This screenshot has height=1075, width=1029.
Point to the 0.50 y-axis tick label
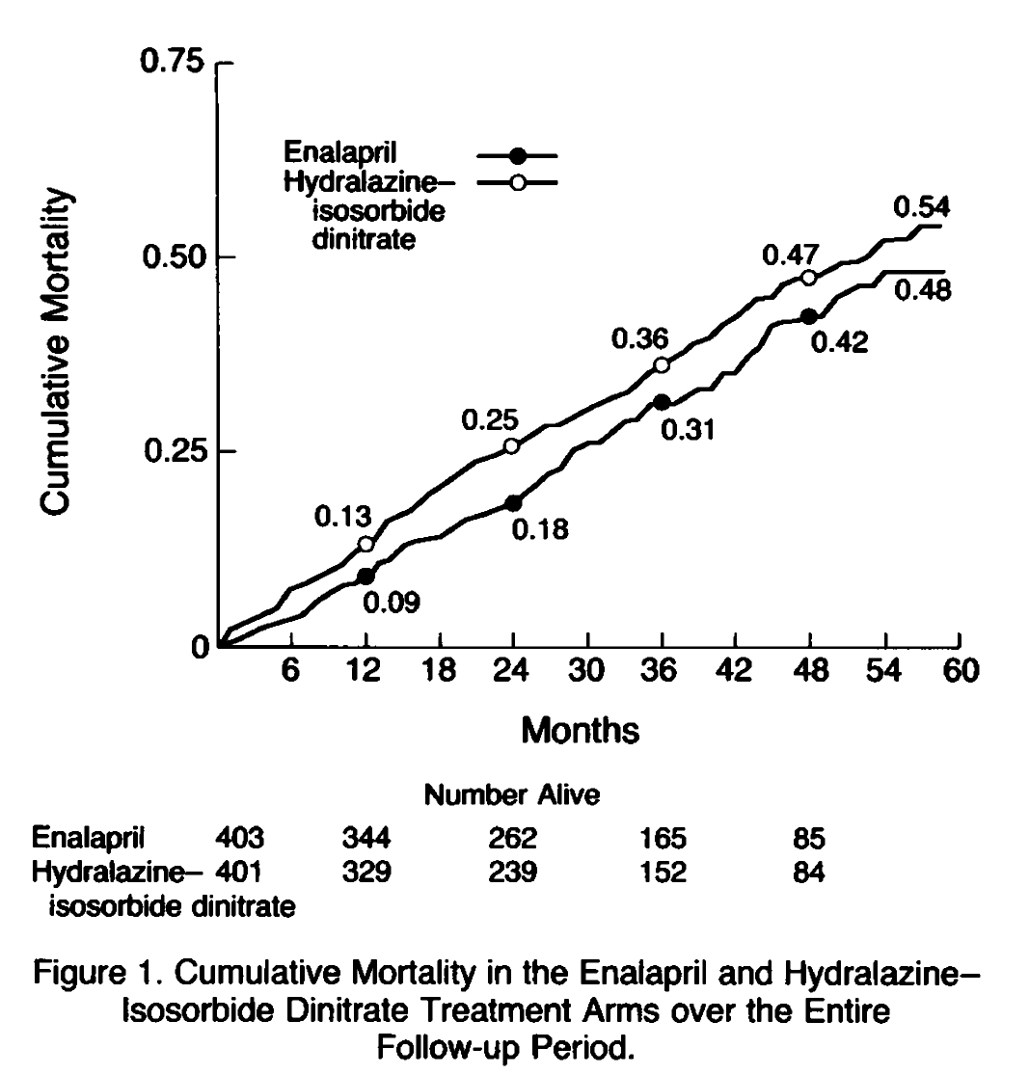(x=174, y=258)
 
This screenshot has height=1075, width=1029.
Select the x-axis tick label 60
(x=960, y=671)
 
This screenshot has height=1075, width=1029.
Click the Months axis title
(x=580, y=731)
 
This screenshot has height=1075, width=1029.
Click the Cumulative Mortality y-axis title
(x=57, y=351)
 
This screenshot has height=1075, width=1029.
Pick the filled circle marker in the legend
(x=518, y=155)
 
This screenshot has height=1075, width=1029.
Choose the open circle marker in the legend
(x=518, y=181)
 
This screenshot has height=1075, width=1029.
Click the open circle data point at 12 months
(x=366, y=544)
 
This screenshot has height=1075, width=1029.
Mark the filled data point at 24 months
(x=513, y=502)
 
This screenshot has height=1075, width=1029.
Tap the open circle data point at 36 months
(x=662, y=364)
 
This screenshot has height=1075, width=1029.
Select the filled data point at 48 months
(x=809, y=316)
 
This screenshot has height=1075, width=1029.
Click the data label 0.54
(x=922, y=207)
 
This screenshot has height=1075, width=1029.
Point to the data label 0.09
(x=392, y=604)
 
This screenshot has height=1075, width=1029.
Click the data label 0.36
(x=638, y=340)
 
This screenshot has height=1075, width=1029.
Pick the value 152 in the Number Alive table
(x=663, y=873)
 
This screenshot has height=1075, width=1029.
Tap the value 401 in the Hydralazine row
(x=240, y=873)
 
